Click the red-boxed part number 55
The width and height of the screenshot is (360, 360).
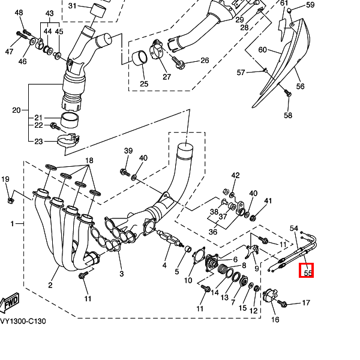(308, 272)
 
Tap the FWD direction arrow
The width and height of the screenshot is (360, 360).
(10, 304)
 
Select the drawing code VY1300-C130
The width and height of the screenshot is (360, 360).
(23, 321)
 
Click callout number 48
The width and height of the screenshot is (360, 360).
(19, 13)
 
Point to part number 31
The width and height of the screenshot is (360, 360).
(72, 6)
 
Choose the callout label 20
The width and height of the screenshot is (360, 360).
(16, 110)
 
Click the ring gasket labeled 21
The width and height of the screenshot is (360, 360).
(72, 121)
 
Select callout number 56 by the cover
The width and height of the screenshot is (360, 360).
(301, 86)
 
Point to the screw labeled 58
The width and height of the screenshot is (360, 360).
(287, 94)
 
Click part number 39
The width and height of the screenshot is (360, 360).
(128, 151)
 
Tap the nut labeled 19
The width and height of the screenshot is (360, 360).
(10, 199)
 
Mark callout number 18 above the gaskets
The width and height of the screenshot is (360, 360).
(89, 160)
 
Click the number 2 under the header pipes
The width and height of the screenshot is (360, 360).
(50, 285)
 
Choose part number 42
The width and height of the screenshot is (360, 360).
(236, 175)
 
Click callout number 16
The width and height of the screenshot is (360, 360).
(275, 320)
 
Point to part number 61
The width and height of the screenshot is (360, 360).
(284, 4)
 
